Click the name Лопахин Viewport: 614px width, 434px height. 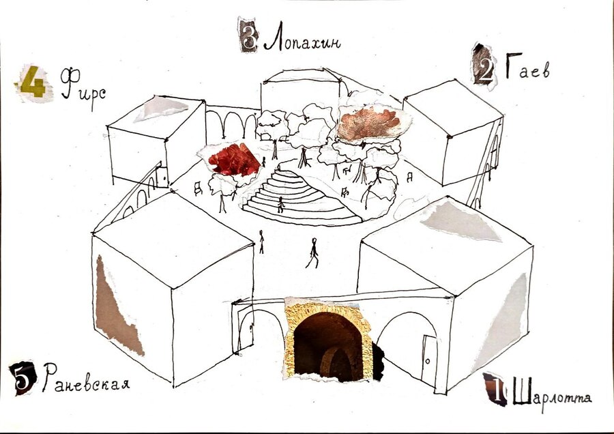coord(302,36)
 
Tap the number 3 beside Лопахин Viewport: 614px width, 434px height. coord(249,35)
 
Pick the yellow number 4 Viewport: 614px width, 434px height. coord(33,83)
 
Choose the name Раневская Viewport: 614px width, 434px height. coord(86,378)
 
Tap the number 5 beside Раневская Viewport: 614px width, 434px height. coord(23,377)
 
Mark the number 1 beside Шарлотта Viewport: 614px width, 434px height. coord(496,390)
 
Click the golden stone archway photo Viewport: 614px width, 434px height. coord(328,339)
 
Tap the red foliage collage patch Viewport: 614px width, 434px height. coord(233,160)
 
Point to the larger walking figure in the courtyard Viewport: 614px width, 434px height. coord(313,253)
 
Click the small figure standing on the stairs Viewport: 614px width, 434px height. coord(280,205)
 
